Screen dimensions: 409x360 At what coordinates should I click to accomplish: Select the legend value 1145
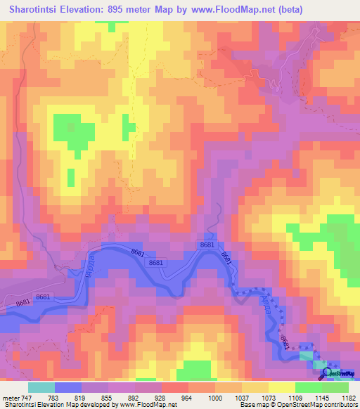coord(320,398)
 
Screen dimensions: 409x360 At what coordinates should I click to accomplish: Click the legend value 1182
coord(346,398)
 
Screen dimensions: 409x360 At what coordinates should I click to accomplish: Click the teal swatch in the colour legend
coord(41,387)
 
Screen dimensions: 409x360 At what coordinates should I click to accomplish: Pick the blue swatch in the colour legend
coord(68,387)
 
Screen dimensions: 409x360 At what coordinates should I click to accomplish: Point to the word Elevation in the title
coord(98,9)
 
